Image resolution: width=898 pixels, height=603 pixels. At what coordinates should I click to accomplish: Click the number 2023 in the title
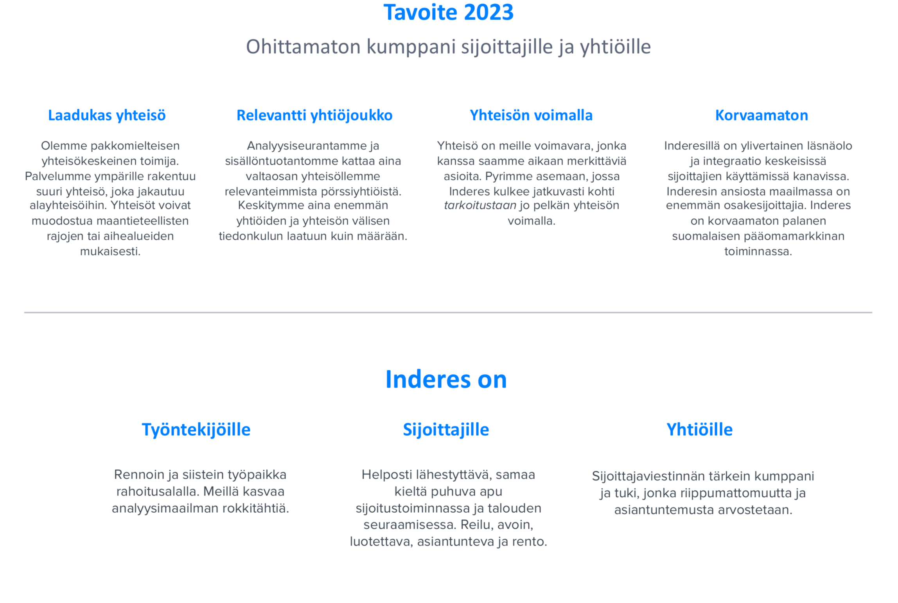489,12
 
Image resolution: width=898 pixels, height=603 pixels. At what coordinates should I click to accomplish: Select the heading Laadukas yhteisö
107,115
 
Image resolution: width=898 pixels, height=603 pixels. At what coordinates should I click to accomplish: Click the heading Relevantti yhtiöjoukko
314,115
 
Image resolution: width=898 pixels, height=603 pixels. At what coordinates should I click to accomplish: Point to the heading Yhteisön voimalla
531,115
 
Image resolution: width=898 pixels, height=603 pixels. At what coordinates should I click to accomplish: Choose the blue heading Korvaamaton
762,115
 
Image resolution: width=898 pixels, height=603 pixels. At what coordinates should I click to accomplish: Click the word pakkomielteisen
135,146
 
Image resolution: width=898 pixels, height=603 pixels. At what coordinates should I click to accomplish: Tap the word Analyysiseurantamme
302,146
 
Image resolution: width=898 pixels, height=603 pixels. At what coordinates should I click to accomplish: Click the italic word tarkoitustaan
480,206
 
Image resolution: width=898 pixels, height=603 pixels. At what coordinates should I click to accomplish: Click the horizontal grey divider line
448,312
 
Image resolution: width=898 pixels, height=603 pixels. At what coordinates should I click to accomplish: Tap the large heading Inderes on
446,379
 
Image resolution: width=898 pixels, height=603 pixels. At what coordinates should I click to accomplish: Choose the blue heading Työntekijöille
196,430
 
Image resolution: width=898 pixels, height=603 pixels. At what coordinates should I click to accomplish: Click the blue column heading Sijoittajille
446,430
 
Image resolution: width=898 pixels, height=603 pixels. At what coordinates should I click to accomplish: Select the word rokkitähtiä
256,508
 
